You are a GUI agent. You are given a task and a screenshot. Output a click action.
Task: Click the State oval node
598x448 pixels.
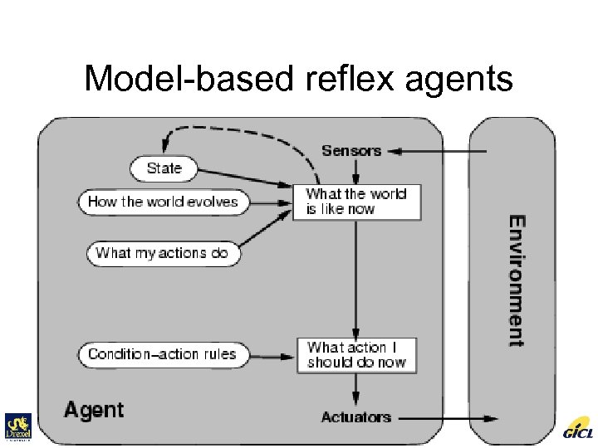click(x=164, y=169)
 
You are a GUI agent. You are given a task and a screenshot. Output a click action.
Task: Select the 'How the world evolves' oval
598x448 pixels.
click(x=163, y=202)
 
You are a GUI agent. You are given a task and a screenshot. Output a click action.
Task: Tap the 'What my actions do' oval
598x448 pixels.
click(x=163, y=253)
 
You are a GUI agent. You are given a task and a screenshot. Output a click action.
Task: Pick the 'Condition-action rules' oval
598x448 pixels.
click(x=163, y=354)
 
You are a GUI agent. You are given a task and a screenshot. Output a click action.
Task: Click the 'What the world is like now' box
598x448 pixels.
click(x=356, y=202)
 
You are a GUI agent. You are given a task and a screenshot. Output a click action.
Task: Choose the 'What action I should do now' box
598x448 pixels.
click(x=356, y=355)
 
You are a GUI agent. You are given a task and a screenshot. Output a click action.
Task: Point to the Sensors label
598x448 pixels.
click(x=351, y=151)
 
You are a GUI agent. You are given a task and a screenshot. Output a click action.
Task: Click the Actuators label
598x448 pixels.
click(x=355, y=416)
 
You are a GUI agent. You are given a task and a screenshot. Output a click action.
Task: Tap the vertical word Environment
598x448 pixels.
click(x=516, y=280)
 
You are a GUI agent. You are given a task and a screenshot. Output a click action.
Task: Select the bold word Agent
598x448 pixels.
click(x=94, y=410)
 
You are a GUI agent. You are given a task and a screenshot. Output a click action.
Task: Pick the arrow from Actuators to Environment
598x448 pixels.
click(x=448, y=417)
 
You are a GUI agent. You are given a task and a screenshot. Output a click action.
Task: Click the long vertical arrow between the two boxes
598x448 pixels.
click(x=356, y=278)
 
